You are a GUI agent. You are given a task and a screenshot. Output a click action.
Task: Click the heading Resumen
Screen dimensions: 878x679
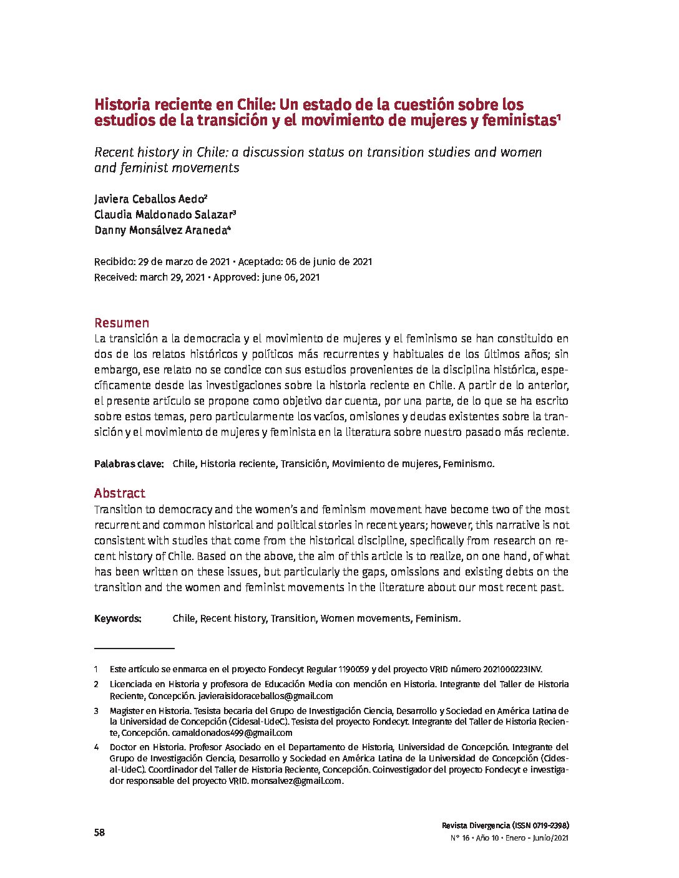pos(122,322)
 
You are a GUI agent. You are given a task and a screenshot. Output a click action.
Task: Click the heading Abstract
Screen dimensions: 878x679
pos(120,493)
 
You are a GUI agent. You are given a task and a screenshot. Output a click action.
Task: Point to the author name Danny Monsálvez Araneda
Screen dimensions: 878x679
pos(160,230)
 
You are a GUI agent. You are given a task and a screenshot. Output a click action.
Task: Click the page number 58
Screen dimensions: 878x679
pos(99,832)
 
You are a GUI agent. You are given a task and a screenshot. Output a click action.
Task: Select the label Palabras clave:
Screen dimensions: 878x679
pos(129,463)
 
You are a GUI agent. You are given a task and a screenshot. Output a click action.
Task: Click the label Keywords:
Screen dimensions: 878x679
pos(118,618)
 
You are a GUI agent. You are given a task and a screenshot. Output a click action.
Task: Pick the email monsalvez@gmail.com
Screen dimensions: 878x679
pos(296,781)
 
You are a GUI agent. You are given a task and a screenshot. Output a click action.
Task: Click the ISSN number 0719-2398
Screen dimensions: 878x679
pos(547,824)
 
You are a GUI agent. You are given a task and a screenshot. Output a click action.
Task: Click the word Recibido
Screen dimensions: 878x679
pos(113,262)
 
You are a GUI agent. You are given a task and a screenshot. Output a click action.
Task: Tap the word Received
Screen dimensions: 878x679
pos(114,277)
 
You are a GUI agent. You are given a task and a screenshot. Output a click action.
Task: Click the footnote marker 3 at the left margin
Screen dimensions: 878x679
pos(97,710)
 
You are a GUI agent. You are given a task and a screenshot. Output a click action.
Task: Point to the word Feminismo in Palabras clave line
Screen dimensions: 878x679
pos(468,463)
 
